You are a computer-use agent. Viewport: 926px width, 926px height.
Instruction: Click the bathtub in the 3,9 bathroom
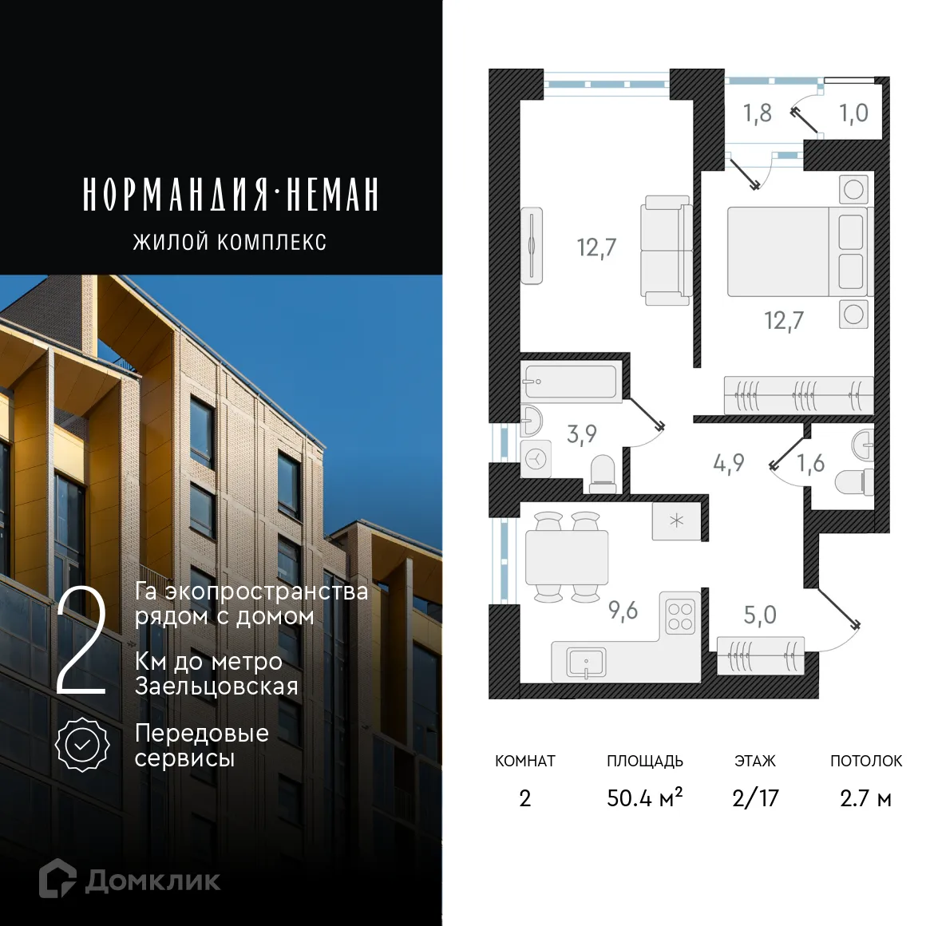570,382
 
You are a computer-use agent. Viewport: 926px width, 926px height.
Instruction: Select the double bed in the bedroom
796,251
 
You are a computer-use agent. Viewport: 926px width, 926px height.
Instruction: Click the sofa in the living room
666,251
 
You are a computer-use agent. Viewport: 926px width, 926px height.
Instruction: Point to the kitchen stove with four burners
680,616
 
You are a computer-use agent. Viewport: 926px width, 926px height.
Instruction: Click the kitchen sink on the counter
586,662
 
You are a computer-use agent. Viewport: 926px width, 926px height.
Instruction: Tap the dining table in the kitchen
567,556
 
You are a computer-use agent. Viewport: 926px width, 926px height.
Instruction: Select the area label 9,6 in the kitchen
623,611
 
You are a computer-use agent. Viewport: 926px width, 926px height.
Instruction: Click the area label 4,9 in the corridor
728,463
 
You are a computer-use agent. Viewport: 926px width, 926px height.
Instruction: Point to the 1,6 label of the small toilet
810,463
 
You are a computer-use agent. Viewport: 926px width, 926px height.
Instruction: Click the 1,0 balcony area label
853,113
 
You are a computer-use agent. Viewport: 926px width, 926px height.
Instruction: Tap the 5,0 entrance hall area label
759,615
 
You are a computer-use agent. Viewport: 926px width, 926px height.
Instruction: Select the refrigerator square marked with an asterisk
677,521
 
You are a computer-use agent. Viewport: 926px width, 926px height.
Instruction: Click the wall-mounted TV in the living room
532,246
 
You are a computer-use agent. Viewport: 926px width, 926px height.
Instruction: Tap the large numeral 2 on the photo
81,642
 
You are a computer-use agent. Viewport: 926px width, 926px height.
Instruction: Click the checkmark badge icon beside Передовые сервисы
82,745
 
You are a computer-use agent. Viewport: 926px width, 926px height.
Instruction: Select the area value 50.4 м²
644,797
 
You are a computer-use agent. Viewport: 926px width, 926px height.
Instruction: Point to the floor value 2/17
755,797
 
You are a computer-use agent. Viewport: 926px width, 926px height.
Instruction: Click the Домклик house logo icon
57,879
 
